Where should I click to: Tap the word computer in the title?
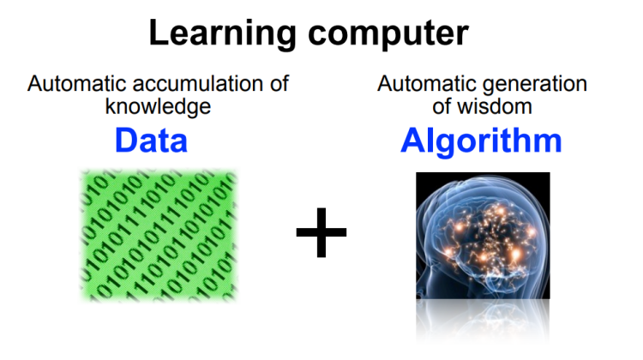(388, 33)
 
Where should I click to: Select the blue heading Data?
(151, 141)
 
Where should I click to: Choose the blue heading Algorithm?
(481, 141)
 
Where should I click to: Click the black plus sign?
(321, 232)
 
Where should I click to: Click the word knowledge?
(158, 106)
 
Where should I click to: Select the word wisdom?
(495, 106)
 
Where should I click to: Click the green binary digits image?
(159, 235)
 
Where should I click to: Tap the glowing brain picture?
(483, 236)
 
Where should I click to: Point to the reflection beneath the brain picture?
(483, 321)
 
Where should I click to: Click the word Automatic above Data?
(77, 84)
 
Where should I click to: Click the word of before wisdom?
(442, 106)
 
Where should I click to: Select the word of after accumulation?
(279, 84)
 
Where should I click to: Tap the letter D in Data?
(127, 141)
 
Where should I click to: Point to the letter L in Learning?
(159, 33)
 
